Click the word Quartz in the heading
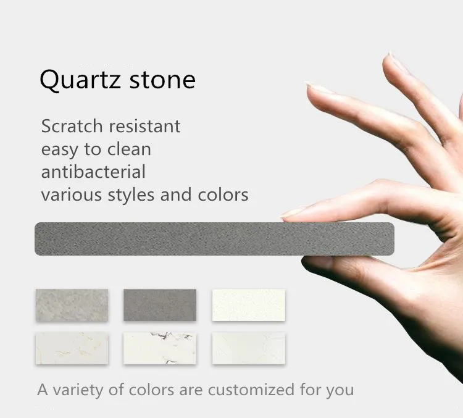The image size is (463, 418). click(80, 80)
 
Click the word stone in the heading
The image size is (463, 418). click(162, 80)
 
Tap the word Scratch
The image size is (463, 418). click(72, 126)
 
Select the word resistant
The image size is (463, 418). click(144, 127)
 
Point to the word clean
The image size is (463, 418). click(129, 149)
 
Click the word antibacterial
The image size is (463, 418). click(93, 172)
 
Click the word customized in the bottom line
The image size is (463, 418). click(251, 390)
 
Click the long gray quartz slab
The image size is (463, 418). click(214, 239)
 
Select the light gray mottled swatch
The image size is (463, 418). click(72, 305)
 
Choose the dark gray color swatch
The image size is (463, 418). click(160, 305)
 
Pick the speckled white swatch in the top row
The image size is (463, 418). click(249, 305)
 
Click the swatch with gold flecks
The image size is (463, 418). click(72, 348)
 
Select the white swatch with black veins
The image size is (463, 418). click(160, 348)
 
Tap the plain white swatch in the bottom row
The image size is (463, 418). click(249, 348)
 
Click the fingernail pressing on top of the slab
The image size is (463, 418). click(293, 212)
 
